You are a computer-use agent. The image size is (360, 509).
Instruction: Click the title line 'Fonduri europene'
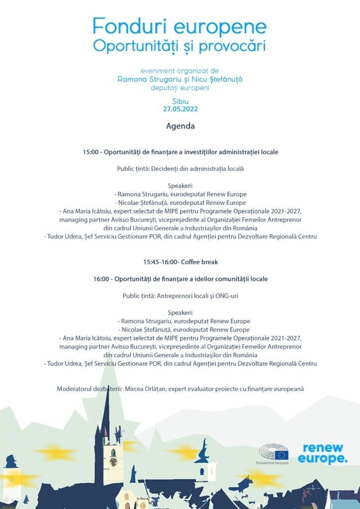point(180,26)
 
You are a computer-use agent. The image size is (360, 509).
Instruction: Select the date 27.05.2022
point(180,109)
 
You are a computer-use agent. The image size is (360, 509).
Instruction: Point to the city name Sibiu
point(180,101)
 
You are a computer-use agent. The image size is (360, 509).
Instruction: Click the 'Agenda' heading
point(180,126)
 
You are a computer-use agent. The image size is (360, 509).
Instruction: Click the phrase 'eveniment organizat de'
point(180,71)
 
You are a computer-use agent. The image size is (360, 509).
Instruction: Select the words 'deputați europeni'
point(180,88)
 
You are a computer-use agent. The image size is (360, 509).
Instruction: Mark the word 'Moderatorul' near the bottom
point(76,388)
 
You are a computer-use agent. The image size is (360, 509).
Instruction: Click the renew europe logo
point(323,453)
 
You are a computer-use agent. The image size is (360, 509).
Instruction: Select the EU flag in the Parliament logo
point(281,455)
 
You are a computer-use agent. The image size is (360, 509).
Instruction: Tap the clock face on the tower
point(113,454)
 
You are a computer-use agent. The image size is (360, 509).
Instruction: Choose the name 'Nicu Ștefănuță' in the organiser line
point(215,80)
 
